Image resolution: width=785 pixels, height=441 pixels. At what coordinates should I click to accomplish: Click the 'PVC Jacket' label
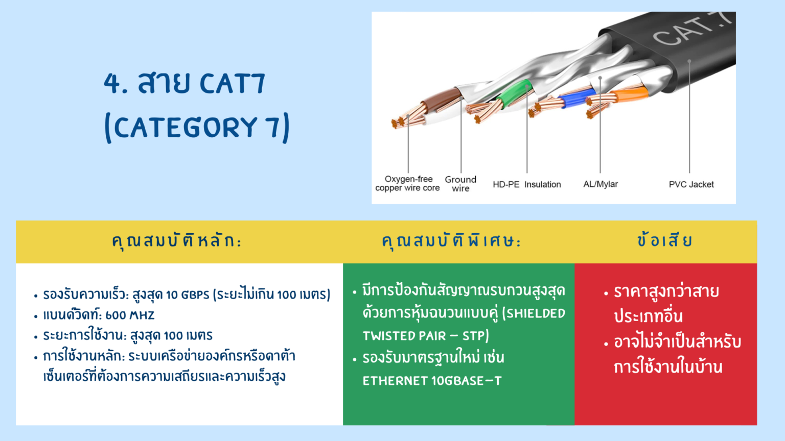[x=691, y=184]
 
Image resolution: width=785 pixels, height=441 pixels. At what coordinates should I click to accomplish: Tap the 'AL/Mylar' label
[x=601, y=184]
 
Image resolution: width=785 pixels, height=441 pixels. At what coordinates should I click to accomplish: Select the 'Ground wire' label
[x=460, y=184]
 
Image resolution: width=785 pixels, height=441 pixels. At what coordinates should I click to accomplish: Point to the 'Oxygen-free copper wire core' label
[x=407, y=183]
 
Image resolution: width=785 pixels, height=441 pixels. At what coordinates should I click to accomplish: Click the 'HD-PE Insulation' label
[x=526, y=184]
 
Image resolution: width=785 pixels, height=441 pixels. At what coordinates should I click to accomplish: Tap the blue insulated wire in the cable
[x=575, y=97]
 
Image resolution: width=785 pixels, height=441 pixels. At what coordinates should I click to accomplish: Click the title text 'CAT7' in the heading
[x=233, y=83]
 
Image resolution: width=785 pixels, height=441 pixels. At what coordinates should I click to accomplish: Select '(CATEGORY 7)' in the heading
[x=197, y=127]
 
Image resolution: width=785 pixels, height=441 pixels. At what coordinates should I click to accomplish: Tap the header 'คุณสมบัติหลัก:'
[x=177, y=241]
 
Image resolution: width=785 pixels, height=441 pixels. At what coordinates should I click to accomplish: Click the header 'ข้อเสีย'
[x=665, y=240]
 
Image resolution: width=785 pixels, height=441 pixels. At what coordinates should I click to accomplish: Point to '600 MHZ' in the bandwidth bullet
[x=130, y=315]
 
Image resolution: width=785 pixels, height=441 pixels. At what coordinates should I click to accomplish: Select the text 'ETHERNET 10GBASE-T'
[x=432, y=381]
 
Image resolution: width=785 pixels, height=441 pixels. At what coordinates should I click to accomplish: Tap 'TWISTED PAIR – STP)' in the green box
[x=425, y=336]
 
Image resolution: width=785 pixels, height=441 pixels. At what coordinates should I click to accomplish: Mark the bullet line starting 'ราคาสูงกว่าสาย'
[x=666, y=291]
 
